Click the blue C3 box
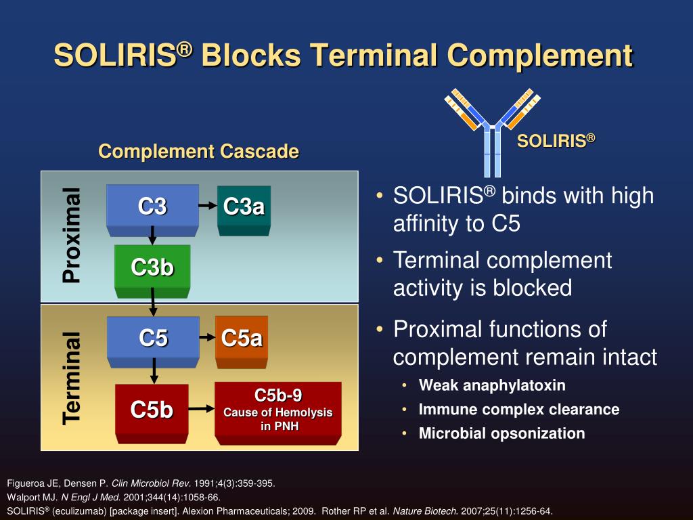pos(152,205)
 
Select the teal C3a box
pos(244,206)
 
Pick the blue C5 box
pos(153,337)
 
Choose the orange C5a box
pos(242,337)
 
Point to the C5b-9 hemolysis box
pos(277,410)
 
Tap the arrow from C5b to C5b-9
pos(200,408)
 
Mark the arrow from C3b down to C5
pos(154,303)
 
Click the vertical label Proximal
pos(71,235)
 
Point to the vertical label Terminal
pos(71,377)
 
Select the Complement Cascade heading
pos(198,151)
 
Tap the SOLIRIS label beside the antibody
pos(556,141)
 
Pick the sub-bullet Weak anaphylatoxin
pos(492,385)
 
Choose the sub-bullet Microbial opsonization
pos(501,433)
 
